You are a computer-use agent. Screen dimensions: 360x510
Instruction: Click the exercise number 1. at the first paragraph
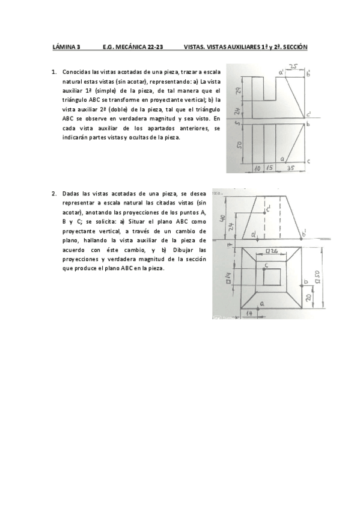coord(55,72)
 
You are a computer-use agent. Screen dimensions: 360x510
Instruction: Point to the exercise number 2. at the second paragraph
coord(55,194)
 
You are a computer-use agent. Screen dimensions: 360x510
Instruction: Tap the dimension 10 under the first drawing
coord(257,169)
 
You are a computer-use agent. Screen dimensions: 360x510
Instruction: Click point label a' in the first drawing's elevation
coord(281,73)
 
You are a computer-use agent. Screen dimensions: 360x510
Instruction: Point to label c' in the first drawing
coord(309,113)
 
